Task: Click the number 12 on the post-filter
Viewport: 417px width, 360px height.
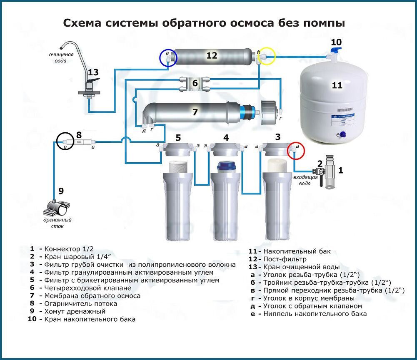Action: tap(212, 55)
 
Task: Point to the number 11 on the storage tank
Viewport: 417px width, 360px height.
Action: tap(337, 85)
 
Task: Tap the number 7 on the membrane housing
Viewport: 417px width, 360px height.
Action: tap(195, 112)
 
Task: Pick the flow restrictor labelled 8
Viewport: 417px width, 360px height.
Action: tap(79, 142)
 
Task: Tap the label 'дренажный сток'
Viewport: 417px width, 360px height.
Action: tap(57, 223)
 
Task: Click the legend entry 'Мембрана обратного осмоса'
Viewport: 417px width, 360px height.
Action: tap(92, 296)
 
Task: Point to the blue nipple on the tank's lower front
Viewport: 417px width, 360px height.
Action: tap(343, 134)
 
